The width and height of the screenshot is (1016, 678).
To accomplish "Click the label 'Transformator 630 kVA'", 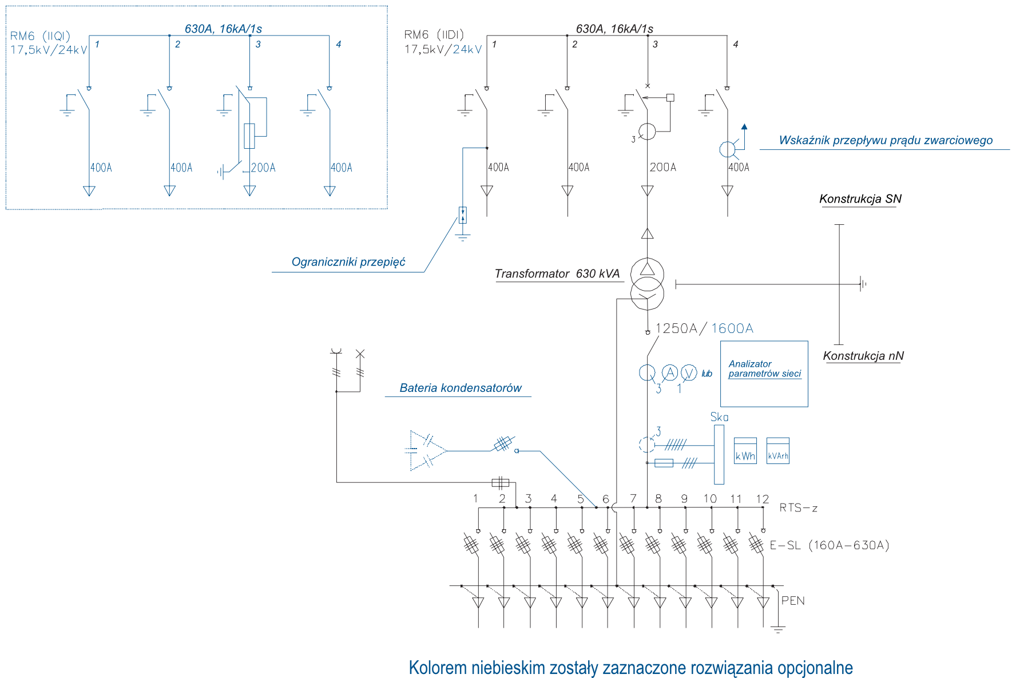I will point(557,274).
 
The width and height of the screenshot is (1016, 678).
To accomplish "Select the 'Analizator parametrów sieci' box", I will point(764,374).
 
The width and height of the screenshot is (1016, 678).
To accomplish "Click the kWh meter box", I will point(745,451).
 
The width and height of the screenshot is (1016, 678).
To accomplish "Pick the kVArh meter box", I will point(778,451).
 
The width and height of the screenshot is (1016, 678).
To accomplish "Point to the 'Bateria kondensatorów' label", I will point(461,388).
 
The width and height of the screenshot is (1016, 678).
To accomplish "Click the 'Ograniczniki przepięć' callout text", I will point(348,262).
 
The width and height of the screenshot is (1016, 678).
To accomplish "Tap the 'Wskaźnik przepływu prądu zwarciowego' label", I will point(886,141).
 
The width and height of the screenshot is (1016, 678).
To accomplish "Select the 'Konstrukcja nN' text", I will point(863,356).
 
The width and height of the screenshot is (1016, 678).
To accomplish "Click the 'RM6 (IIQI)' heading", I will point(40,36).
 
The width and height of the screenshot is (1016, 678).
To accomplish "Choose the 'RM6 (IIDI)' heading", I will point(434,35).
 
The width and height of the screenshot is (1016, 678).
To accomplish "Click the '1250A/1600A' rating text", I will point(704,328).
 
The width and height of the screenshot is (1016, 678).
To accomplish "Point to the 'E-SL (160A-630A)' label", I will point(830,545).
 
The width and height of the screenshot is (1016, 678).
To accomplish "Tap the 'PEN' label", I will point(793,601).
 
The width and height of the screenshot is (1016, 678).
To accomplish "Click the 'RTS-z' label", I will point(799,507).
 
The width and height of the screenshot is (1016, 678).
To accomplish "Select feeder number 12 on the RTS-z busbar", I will point(763,499).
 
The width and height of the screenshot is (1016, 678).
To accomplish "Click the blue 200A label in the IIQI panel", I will point(263,168).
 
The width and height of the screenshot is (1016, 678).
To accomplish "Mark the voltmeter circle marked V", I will point(689,373).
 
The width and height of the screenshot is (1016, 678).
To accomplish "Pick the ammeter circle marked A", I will point(669,373).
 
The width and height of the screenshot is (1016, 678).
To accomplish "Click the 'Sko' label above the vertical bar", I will point(719,417).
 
